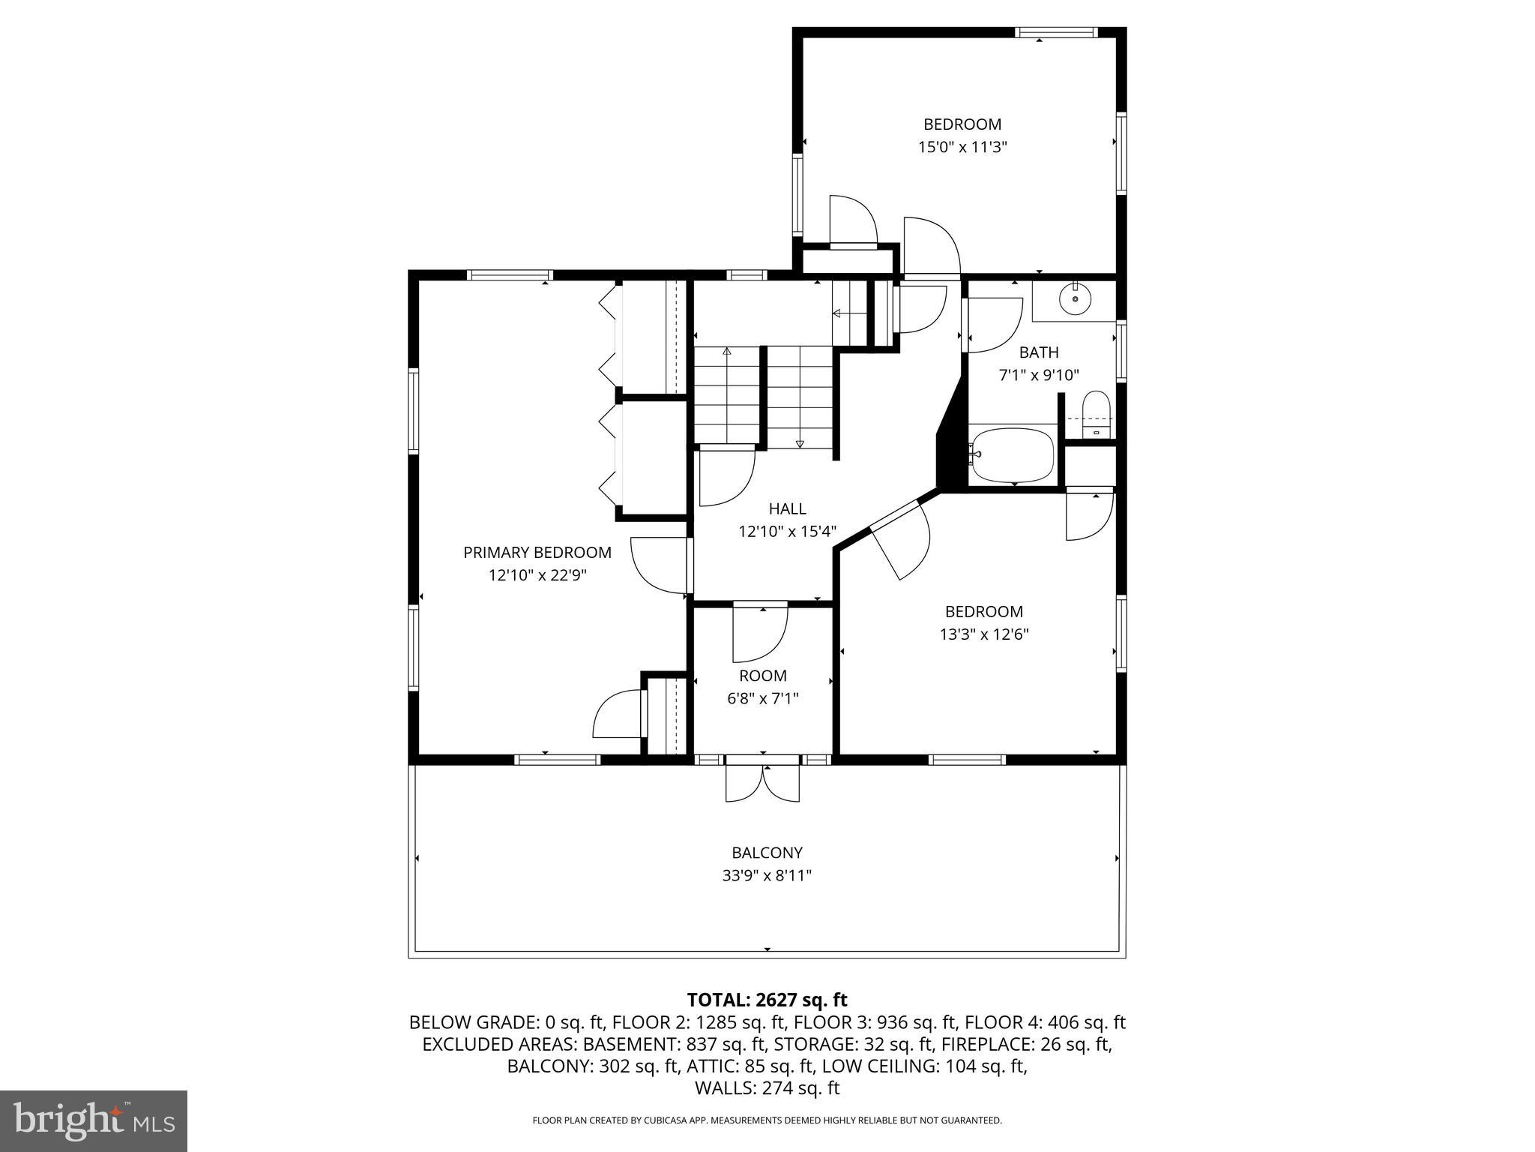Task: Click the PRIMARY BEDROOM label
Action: [537, 553]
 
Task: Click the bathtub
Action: [1012, 455]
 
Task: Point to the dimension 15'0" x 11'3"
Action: [962, 147]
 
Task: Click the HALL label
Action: [787, 508]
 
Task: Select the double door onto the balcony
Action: [762, 781]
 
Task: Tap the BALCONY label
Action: [767, 853]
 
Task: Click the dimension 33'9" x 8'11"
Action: [767, 875]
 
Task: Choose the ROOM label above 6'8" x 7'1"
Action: [762, 676]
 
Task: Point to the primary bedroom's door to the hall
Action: [660, 564]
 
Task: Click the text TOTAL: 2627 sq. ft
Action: [767, 1000]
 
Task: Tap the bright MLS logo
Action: [94, 1120]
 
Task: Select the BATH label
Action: [1038, 352]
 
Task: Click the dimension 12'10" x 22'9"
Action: [537, 575]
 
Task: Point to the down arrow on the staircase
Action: [800, 444]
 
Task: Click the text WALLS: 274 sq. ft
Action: [767, 1088]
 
